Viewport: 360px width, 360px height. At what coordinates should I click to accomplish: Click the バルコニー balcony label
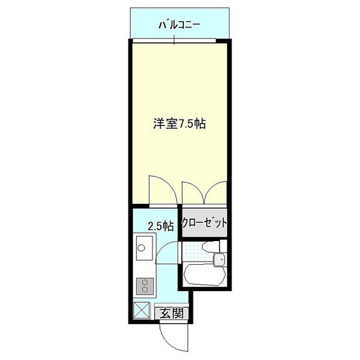pos(180,26)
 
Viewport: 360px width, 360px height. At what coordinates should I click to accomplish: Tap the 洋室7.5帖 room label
pos(179,123)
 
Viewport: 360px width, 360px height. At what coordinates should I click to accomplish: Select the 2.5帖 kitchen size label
pos(160,226)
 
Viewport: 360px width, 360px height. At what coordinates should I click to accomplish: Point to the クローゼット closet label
pos(204,224)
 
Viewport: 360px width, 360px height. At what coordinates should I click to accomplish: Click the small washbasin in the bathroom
pos(219,259)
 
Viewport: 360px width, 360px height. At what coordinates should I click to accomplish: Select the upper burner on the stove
pos(144,282)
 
